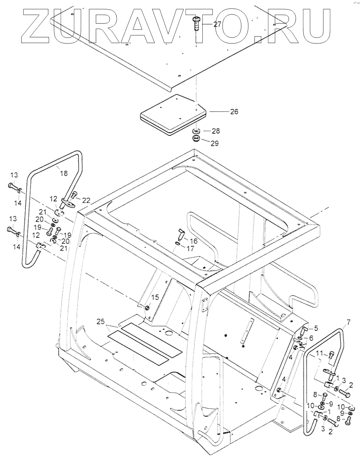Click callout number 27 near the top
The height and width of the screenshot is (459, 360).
(217, 24)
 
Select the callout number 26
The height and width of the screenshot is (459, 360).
(234, 111)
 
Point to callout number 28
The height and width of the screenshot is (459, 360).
(216, 131)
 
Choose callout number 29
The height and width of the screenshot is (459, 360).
(214, 143)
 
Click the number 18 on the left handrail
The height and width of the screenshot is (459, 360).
(63, 173)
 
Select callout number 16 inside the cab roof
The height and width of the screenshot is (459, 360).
(193, 241)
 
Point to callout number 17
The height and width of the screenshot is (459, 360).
(190, 249)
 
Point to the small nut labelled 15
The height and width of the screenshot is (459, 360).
(147, 308)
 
